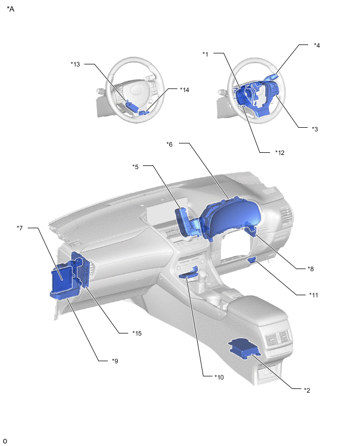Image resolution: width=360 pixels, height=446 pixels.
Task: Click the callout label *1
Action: [x=205, y=54]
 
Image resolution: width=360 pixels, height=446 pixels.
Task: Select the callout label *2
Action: [x=307, y=390]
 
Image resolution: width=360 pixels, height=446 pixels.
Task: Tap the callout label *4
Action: [x=317, y=45]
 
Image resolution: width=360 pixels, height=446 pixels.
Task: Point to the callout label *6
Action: [x=170, y=144]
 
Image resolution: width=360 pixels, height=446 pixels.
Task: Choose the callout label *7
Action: [x=19, y=228]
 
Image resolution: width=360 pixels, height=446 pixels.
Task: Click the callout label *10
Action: [x=219, y=377]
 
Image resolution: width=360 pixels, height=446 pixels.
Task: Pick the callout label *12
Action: [x=280, y=152]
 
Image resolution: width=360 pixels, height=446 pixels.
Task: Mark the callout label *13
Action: [x=75, y=64]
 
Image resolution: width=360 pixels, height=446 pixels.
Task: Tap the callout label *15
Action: [x=137, y=333]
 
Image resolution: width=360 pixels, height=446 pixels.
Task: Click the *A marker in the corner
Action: [x=10, y=9]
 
